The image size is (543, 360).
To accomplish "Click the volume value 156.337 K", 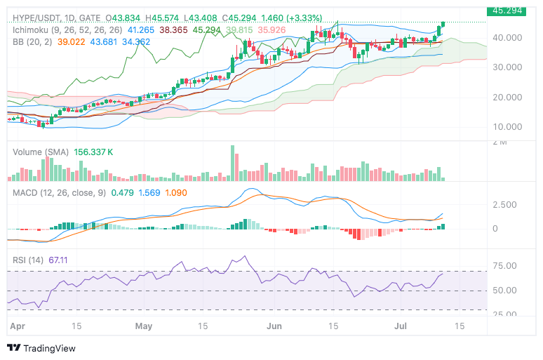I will point(94,152).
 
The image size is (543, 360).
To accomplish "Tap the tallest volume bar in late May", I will point(232,164).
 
